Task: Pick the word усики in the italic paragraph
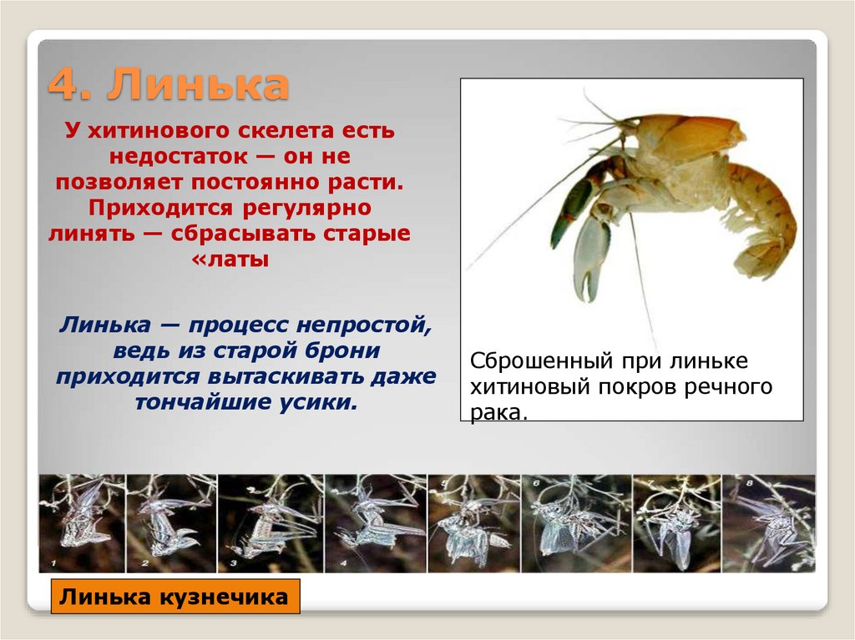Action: [316, 402]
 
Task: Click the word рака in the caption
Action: [498, 411]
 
